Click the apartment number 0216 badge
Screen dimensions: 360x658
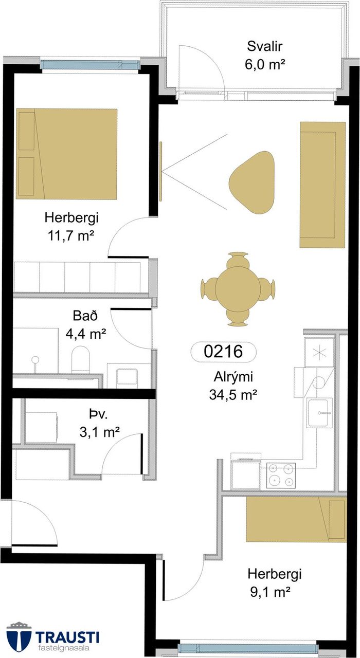coord(223,352)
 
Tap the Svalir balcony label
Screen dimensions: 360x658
coord(264,47)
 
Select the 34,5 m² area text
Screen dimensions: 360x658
coord(233,395)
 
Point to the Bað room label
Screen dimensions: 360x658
coord(85,316)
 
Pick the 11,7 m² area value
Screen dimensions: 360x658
coord(71,236)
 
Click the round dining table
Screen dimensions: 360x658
coord(238,289)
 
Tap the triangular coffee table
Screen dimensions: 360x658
coord(252,182)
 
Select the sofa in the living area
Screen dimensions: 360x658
coord(322,185)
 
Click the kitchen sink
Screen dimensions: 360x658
coord(320,413)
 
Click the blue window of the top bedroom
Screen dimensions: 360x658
coord(90,64)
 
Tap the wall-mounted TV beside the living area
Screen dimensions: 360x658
coord(161,171)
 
